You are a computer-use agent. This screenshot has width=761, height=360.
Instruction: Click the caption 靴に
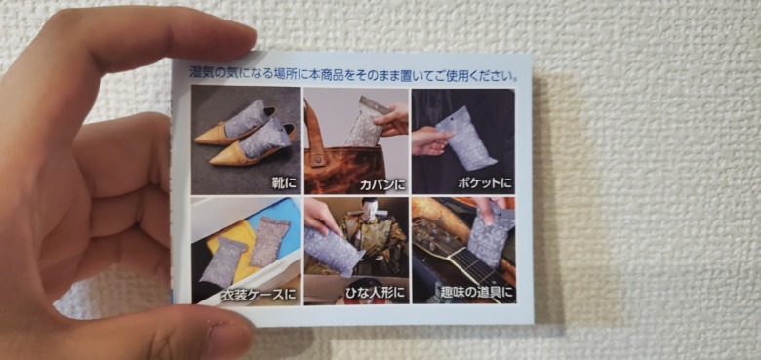[284, 183]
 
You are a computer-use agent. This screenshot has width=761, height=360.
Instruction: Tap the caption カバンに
[382, 184]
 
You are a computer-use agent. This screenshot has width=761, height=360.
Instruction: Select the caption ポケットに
[484, 183]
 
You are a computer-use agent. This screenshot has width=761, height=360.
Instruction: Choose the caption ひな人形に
[374, 293]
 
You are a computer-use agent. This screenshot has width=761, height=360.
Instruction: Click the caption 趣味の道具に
[476, 292]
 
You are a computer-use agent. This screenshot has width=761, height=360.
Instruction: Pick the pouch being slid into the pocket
[465, 139]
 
